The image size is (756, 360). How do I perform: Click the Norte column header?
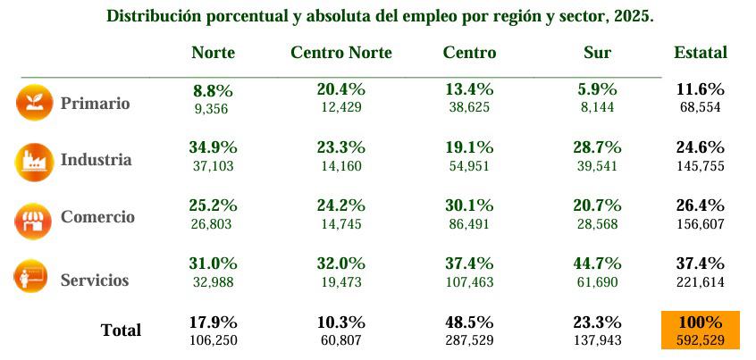pyautogui.click(x=213, y=53)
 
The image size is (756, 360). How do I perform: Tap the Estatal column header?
pyautogui.click(x=700, y=53)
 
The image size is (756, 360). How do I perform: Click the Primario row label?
pyautogui.click(x=95, y=104)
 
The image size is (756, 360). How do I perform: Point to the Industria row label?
pyautogui.click(x=96, y=161)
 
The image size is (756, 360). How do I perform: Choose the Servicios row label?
pyautogui.click(x=95, y=280)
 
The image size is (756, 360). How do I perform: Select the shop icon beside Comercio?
pyautogui.click(x=30, y=220)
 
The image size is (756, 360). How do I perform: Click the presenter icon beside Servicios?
pyautogui.click(x=30, y=278)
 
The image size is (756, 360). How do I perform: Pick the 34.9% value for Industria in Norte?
pyautogui.click(x=213, y=147)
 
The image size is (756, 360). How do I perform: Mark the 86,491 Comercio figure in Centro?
pyautogui.click(x=469, y=224)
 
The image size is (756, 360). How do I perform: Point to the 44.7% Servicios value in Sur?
pyautogui.click(x=597, y=264)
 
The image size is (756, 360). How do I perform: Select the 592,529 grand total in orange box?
pyautogui.click(x=701, y=339)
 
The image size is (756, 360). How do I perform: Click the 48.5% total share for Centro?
pyautogui.click(x=469, y=322)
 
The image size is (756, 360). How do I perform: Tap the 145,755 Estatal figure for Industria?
pyautogui.click(x=701, y=166)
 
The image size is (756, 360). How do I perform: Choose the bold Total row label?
pyautogui.click(x=121, y=331)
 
